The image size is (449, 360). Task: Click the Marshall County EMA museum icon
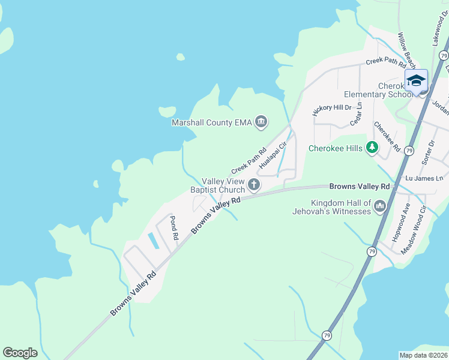261,122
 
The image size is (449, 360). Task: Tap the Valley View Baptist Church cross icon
254,185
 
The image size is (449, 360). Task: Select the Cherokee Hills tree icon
373,147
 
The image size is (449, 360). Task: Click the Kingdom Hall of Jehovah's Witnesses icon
379,207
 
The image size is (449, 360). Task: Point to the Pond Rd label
173,227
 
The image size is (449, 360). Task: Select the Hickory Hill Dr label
332,109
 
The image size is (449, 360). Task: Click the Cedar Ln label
357,114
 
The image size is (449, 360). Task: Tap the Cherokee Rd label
387,136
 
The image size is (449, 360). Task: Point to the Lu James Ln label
424,178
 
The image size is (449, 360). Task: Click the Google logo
20,353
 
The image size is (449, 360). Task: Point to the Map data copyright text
422,355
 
